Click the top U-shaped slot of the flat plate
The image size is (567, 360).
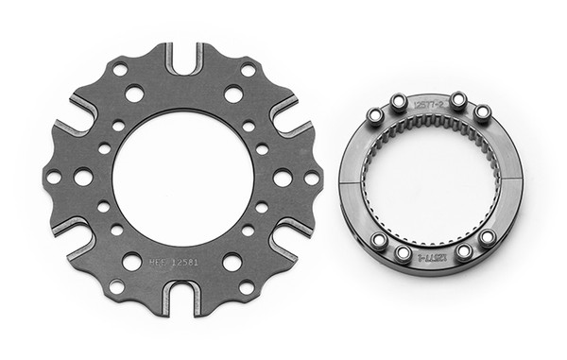[x=182, y=60]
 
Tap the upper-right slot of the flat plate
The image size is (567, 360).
[x=288, y=118]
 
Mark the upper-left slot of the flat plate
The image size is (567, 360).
[x=76, y=120]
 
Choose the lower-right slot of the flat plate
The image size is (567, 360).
[x=287, y=238]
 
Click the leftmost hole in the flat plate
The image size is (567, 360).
[x=54, y=178]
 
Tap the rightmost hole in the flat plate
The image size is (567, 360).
[x=311, y=178]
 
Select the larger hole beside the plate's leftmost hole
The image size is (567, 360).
[x=83, y=177]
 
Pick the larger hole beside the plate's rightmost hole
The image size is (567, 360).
[x=282, y=177]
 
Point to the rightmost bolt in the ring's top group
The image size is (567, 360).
[x=483, y=112]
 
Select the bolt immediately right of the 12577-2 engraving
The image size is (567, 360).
[x=457, y=99]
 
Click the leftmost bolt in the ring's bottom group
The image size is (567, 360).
[x=376, y=241]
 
